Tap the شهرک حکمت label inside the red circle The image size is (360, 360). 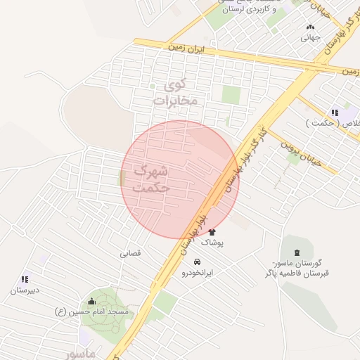point(150,179)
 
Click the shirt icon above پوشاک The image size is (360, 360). point(212,231)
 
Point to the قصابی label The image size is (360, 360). point(130,254)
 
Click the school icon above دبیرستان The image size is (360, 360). point(26,279)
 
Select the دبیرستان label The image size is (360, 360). point(24,290)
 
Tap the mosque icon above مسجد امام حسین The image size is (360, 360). point(91,301)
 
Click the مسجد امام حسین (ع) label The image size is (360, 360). point(92,311)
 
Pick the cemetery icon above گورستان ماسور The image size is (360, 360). point(296,252)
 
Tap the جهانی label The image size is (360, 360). point(310,37)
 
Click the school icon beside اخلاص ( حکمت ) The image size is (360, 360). point(335,112)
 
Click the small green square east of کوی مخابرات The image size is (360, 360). point(231,94)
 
